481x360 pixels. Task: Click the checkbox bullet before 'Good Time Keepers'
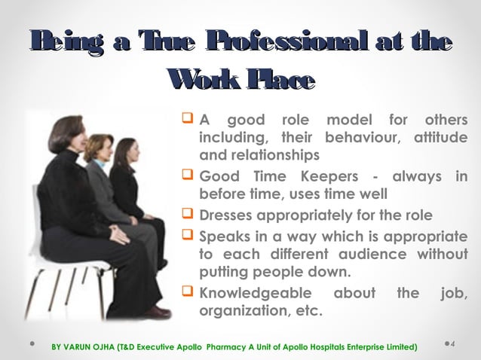tap(188, 176)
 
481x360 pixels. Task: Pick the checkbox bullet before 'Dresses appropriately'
tap(188, 213)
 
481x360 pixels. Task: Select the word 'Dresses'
tap(228, 214)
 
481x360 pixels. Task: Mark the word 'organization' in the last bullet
tap(245, 310)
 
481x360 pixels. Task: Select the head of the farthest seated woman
tap(124, 151)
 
